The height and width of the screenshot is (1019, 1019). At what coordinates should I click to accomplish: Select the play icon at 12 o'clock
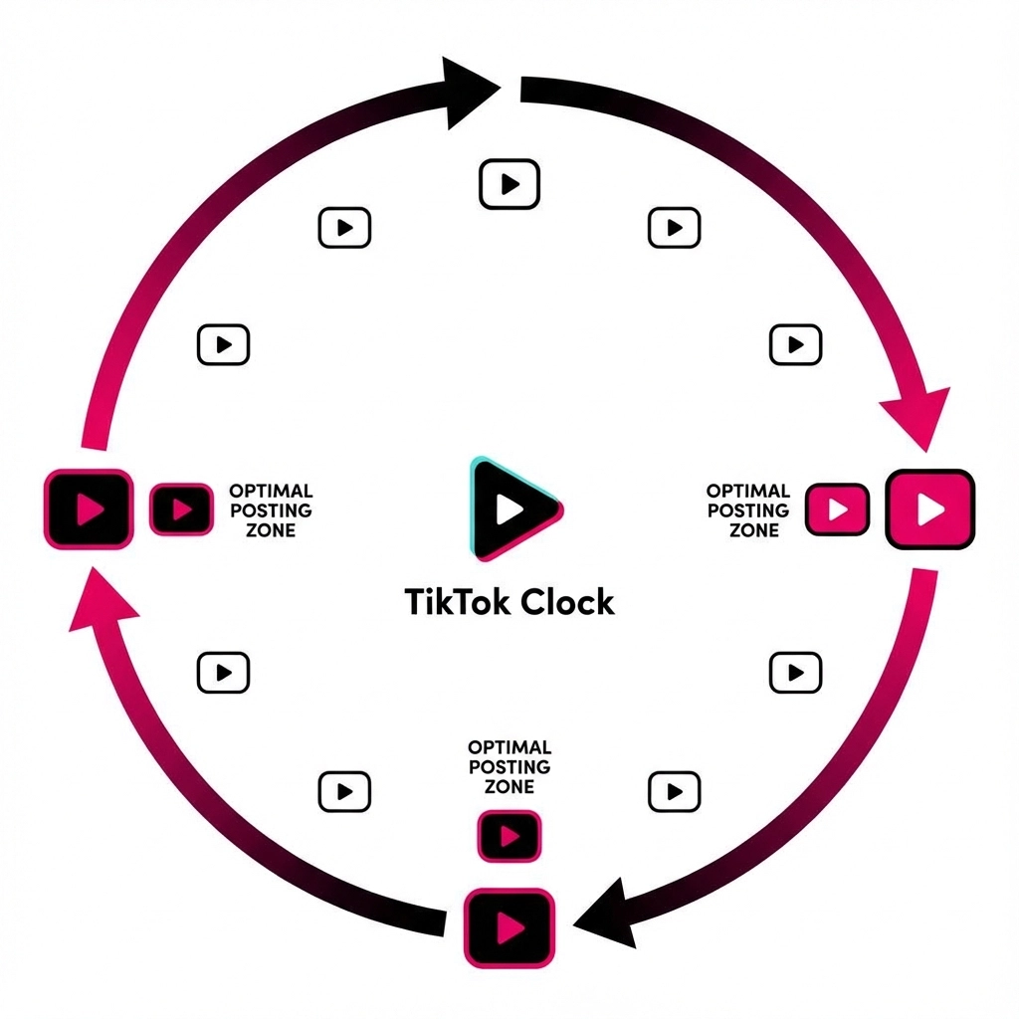coord(509,184)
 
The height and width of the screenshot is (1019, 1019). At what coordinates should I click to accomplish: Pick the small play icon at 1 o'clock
coord(674,228)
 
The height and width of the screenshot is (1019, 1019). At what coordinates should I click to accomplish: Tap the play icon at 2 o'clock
coord(795,344)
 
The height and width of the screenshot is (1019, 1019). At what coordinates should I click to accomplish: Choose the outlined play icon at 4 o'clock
coord(795,672)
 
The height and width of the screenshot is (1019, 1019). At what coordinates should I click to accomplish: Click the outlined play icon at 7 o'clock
coord(344,791)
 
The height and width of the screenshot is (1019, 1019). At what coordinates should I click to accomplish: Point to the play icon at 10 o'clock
coord(224,344)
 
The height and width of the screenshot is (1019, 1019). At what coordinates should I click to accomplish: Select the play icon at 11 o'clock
coord(344,228)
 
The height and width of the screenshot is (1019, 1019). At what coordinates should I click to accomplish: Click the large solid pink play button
coord(930,509)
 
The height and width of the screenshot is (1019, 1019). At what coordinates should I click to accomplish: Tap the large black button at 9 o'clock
coord(89,509)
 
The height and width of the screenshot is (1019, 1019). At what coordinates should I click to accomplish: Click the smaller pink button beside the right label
coord(837,509)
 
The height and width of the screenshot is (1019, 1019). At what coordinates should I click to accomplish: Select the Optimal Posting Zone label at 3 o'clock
coord(748,510)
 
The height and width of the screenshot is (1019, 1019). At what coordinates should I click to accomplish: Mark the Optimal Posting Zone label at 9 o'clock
coord(271,510)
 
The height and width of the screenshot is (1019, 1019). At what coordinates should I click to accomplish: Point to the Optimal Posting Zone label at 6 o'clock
coord(509,766)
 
